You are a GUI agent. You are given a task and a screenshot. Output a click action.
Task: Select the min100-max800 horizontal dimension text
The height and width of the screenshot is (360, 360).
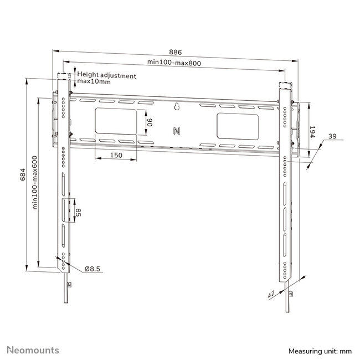(x=174, y=63)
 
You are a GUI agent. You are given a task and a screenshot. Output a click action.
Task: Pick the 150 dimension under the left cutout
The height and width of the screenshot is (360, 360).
(x=115, y=156)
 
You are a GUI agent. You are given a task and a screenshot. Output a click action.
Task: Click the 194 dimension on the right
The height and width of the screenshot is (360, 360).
(x=311, y=132)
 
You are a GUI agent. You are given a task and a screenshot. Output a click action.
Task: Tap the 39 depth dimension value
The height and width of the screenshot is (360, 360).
(x=332, y=136)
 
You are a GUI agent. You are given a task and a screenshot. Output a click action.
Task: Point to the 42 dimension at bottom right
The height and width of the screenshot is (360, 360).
(x=271, y=295)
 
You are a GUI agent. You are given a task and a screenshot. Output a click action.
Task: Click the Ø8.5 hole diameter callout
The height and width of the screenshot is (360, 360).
(x=92, y=269)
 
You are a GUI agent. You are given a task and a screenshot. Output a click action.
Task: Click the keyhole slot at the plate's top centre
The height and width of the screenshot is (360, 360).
(x=176, y=107)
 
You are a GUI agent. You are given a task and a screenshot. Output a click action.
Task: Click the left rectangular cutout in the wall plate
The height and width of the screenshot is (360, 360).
(x=115, y=122)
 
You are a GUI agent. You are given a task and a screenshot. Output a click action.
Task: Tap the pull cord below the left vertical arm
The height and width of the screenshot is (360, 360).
(x=65, y=294)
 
